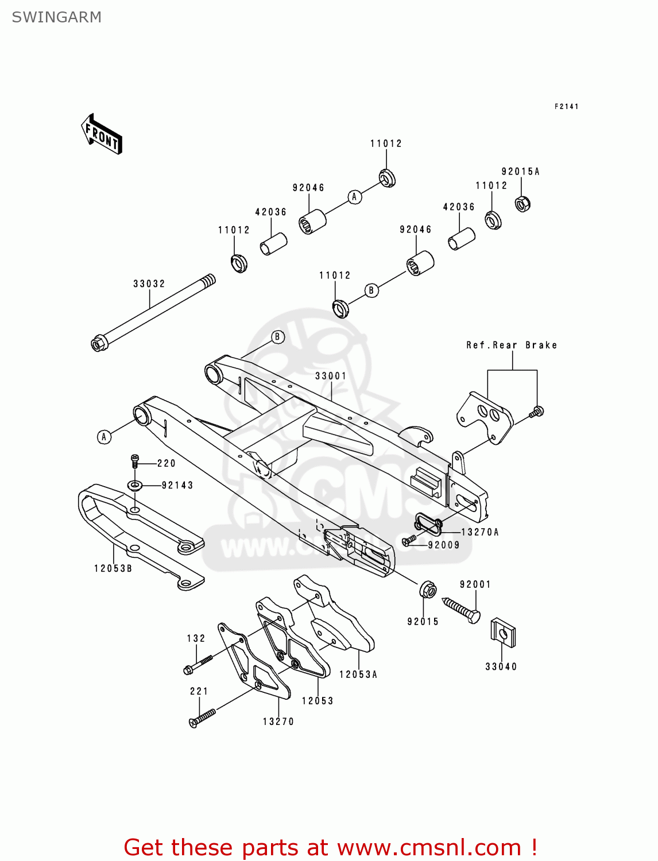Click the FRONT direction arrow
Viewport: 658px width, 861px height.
[x=102, y=134]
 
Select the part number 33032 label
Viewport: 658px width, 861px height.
[x=149, y=284]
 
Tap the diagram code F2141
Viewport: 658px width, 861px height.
[x=566, y=106]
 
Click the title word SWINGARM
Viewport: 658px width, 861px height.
[x=57, y=17]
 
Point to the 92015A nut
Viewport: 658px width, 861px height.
[x=522, y=204]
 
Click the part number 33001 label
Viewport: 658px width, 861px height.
[x=331, y=376]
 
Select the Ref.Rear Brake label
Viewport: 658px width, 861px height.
[x=511, y=345]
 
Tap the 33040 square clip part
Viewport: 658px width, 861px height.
[x=503, y=633]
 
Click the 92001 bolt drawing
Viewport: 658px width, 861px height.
[x=461, y=609]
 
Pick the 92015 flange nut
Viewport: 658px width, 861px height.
[x=428, y=589]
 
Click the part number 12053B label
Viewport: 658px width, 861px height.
[x=113, y=568]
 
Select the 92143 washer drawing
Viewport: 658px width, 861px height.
[x=135, y=486]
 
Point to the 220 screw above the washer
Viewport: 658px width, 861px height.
[x=135, y=460]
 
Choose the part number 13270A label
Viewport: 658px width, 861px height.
[x=480, y=532]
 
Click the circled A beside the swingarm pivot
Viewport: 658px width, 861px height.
[x=104, y=437]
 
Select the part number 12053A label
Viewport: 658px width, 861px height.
[x=358, y=674]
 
